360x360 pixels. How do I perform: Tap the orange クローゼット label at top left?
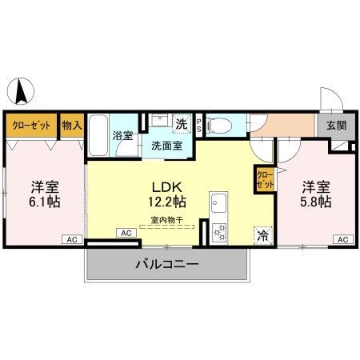pyautogui.click(x=31, y=126)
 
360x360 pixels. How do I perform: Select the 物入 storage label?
pyautogui.click(x=72, y=126)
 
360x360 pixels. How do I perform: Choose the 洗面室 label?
pyautogui.click(x=166, y=146)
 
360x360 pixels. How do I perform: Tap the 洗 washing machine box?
pyautogui.click(x=182, y=124)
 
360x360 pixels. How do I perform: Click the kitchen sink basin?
pyautogui.click(x=218, y=205)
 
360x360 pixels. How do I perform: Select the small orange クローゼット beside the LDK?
pyautogui.click(x=264, y=178)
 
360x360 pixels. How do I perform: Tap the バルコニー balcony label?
pyautogui.click(x=166, y=263)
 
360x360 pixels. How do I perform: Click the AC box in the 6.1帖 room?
pyautogui.click(x=71, y=239)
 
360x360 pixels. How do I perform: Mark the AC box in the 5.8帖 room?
pyautogui.click(x=341, y=239)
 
